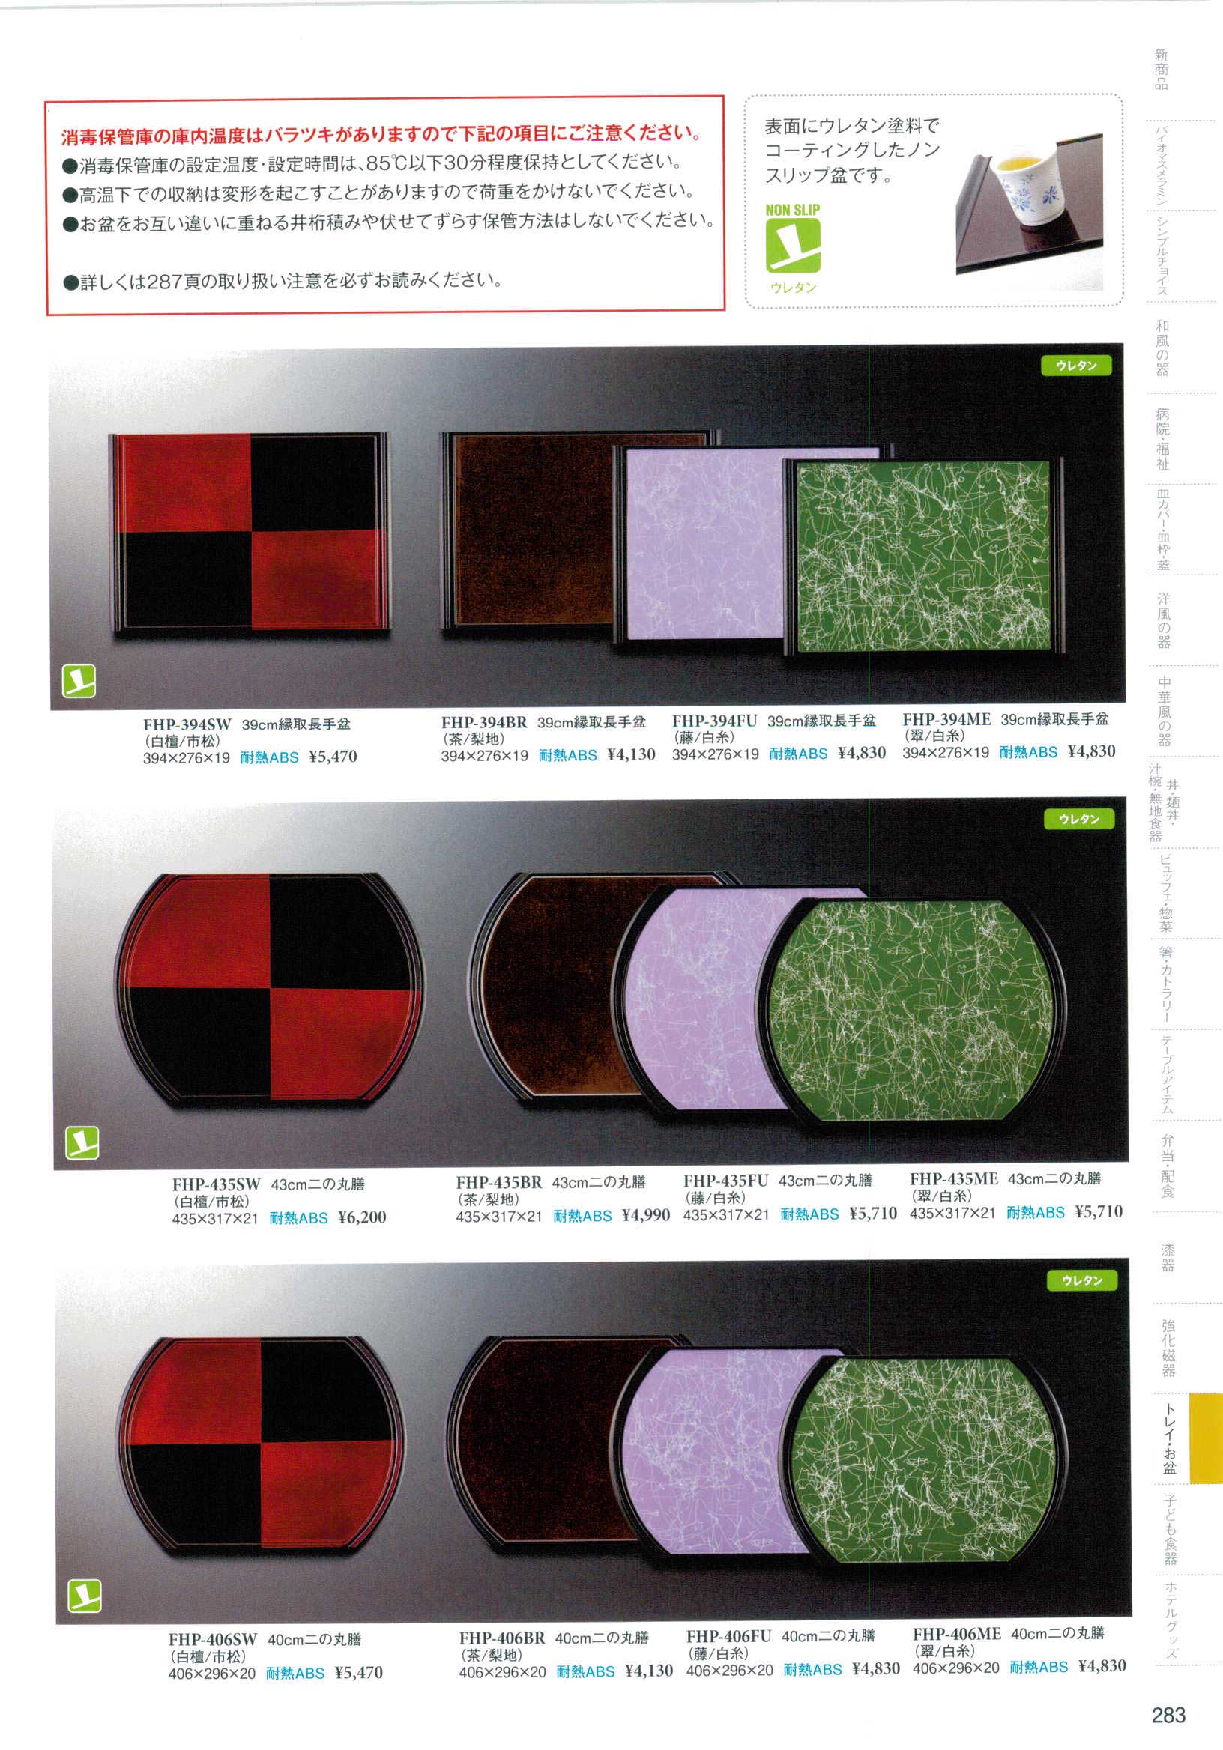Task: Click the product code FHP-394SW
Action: [187, 725]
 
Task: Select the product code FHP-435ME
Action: [953, 1179]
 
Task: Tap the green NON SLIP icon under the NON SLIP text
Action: [793, 246]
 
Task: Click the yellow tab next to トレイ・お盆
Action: [1206, 1438]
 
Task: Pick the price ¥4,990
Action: [646, 1215]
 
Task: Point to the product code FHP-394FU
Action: [714, 721]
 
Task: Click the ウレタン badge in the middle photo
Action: [1078, 819]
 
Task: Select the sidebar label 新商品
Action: [1161, 70]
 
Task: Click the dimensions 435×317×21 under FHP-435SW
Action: [215, 1219]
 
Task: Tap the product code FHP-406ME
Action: [957, 1633]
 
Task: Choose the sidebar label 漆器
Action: [1168, 1258]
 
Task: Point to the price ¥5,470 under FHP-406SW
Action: [358, 1672]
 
